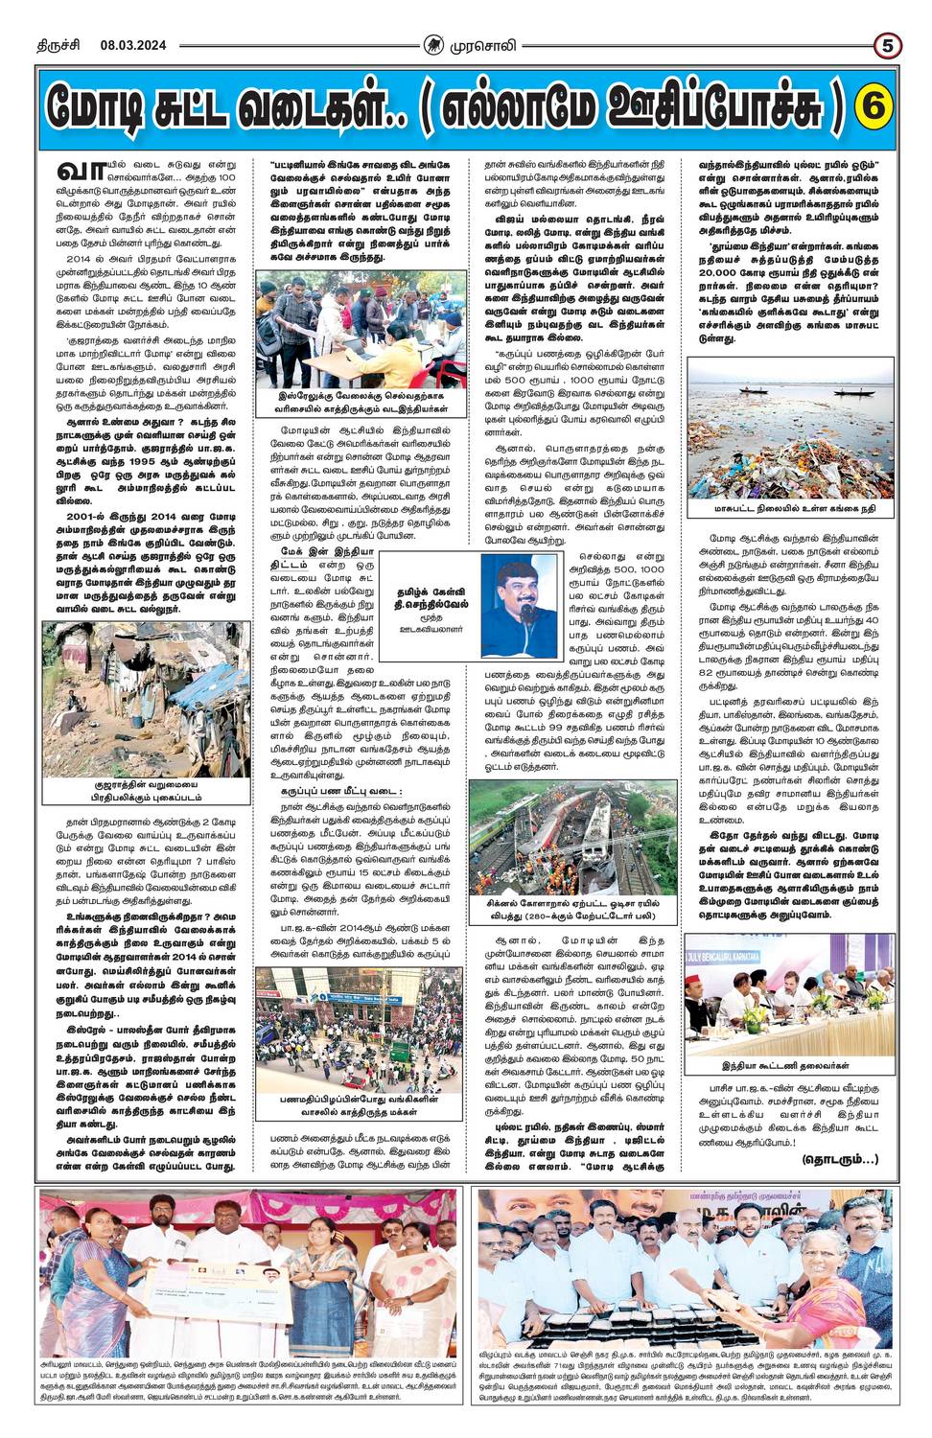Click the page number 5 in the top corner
[x=888, y=45]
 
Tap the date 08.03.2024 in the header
[x=133, y=45]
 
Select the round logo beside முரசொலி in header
[x=434, y=45]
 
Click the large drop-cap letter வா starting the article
[x=79, y=171]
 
